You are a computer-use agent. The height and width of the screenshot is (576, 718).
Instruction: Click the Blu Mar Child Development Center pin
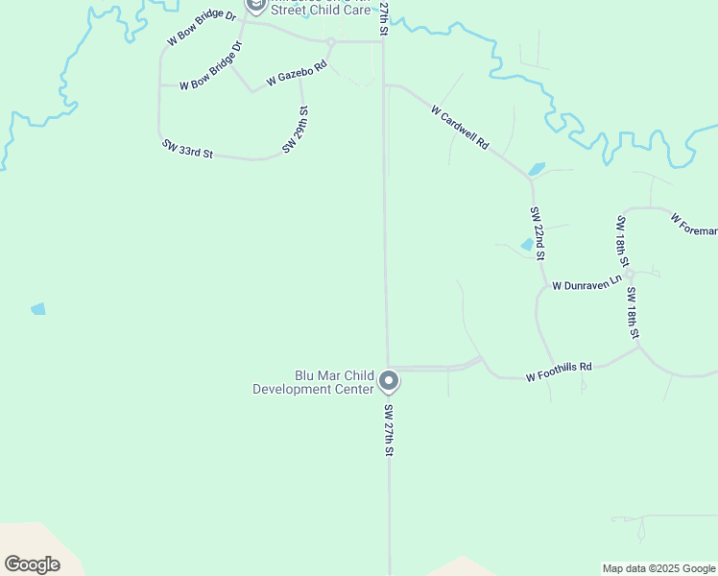pos(389,381)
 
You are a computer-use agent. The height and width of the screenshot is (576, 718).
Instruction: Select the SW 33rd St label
pos(187,149)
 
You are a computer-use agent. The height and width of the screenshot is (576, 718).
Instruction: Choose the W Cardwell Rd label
pos(461,128)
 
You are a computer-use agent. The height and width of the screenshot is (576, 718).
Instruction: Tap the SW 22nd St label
pos(538,233)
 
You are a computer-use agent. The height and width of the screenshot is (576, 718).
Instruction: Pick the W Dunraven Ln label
pos(586,285)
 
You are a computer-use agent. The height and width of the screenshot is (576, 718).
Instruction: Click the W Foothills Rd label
pos(559,372)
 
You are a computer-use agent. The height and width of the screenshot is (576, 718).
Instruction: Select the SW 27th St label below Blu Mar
pos(390,430)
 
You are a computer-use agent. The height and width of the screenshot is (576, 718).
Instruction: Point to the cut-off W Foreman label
pos(694,224)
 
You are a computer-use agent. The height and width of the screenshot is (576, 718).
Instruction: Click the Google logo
pos(32,564)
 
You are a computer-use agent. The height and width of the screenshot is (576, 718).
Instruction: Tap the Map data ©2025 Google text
pos(658,568)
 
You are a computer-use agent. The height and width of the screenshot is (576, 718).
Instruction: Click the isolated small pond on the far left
pos(38,309)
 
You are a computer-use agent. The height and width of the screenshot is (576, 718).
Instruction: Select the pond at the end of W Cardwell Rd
pos(536,170)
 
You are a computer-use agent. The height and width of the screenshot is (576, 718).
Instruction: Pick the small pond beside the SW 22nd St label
pos(527,245)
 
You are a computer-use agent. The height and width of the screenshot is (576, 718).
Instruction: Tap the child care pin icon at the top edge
pos(255,5)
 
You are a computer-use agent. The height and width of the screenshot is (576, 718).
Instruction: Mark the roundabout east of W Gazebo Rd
pos(330,42)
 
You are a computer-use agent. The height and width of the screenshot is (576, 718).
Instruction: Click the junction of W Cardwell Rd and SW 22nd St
pos(529,178)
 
